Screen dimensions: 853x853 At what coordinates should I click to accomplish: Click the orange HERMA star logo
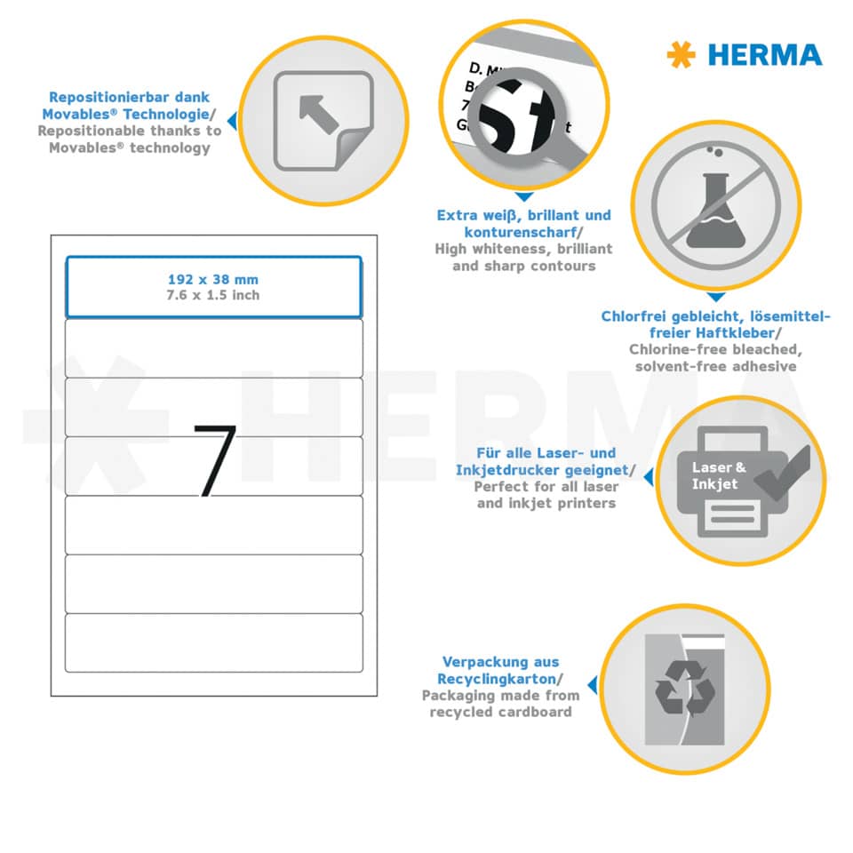pyautogui.click(x=682, y=54)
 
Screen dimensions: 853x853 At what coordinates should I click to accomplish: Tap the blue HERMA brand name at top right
pyautogui.click(x=765, y=55)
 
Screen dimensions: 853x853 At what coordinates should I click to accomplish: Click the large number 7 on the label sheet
pyautogui.click(x=215, y=459)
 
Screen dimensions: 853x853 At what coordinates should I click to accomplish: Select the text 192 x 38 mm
pyautogui.click(x=213, y=279)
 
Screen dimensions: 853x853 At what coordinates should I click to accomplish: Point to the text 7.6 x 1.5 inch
pyautogui.click(x=213, y=295)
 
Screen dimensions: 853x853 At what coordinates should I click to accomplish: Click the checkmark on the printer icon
pyautogui.click(x=783, y=471)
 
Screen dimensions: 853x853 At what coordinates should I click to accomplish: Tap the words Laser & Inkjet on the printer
pyautogui.click(x=715, y=475)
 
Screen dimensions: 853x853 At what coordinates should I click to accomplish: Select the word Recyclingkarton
pyautogui.click(x=498, y=679)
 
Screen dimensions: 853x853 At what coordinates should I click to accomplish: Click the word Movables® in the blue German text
pyautogui.click(x=79, y=115)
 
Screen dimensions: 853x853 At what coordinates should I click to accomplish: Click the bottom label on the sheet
pyautogui.click(x=214, y=642)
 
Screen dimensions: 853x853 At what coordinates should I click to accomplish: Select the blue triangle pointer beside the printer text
pyautogui.click(x=648, y=477)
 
